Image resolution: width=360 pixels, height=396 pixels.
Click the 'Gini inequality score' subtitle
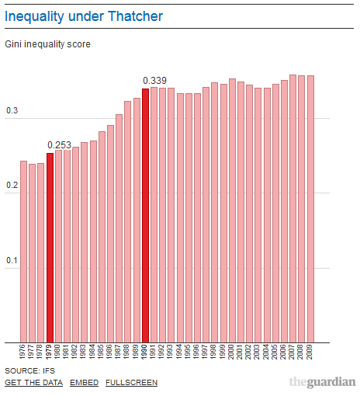point(47,45)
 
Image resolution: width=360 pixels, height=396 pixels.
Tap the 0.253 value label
point(59,145)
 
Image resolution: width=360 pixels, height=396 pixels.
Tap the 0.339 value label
point(154,81)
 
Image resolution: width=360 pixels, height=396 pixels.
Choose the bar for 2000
point(232,210)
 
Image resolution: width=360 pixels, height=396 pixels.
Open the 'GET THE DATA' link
point(33,383)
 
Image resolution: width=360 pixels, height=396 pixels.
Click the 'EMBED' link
point(84,383)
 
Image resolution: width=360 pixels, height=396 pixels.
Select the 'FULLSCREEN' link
point(131,383)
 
